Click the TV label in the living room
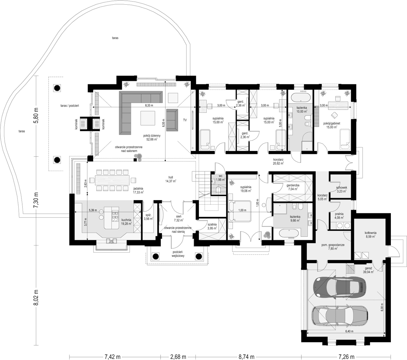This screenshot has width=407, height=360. (185, 120)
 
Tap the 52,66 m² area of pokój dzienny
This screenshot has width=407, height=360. (152, 139)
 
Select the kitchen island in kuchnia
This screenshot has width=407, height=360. (112, 218)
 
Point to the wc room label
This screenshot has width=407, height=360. (220, 175)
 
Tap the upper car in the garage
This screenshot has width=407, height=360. (340, 287)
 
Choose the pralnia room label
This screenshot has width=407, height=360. (339, 214)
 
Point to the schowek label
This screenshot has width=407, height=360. (341, 188)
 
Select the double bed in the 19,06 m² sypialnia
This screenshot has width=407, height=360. (240, 211)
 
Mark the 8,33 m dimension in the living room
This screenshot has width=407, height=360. (149, 106)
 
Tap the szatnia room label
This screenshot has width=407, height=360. (212, 225)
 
